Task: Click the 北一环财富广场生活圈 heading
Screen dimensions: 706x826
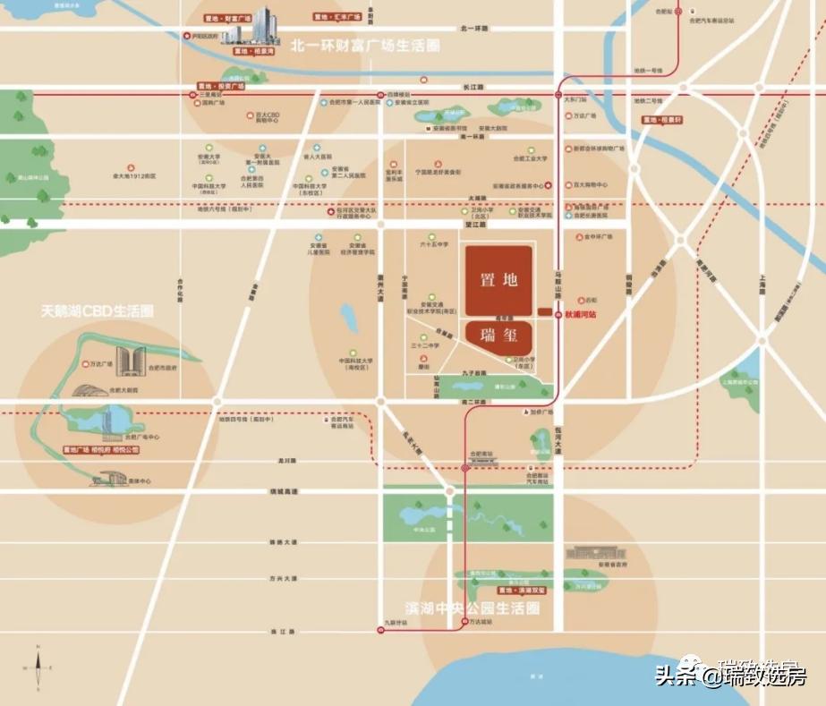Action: point(365,44)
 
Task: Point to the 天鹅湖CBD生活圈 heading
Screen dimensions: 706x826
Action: point(97,311)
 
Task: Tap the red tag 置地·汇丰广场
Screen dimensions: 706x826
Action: point(336,17)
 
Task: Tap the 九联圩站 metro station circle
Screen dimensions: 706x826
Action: point(379,632)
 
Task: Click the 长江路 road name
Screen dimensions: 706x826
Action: point(473,88)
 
